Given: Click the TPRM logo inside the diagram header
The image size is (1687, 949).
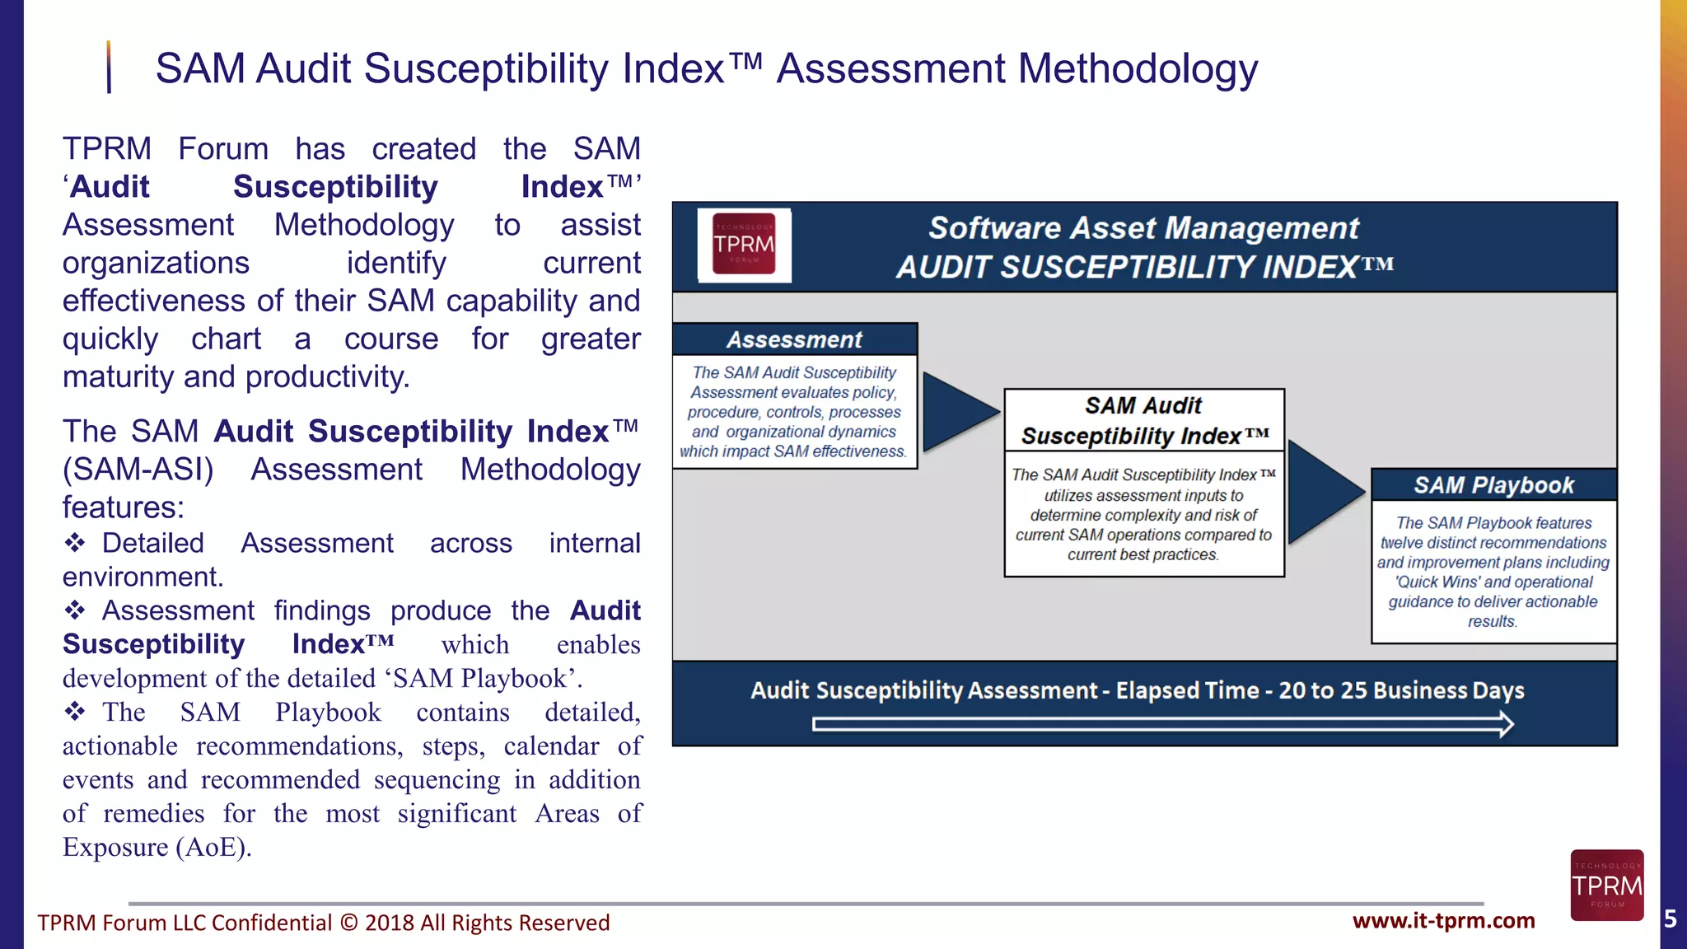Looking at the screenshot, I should (744, 244).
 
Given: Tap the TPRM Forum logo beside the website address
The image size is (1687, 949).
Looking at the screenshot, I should (1606, 886).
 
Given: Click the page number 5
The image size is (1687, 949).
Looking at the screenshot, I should (1671, 919).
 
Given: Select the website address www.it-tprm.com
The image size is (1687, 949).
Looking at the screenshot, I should (1443, 921).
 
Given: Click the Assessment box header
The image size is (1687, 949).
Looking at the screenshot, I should (794, 339).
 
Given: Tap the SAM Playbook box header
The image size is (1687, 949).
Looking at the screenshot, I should (1493, 485).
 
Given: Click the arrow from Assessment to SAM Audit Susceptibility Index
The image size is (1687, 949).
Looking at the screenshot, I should (958, 411).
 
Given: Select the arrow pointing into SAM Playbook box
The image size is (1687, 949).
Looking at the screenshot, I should (1323, 491).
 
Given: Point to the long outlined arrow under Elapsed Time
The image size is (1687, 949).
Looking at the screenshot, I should (1162, 725).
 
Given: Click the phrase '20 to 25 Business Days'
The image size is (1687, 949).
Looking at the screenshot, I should (1400, 690).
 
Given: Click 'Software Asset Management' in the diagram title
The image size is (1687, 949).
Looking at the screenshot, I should (1143, 228).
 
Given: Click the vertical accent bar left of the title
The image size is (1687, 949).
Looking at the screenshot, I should (109, 68).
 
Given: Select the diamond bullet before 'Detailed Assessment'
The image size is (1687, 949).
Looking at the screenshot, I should (75, 543).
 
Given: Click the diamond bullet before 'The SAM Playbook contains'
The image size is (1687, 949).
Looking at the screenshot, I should (75, 712).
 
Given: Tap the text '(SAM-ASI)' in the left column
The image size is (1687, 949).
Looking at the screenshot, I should (138, 470).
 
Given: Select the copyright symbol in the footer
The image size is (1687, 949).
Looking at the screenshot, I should (348, 923).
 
